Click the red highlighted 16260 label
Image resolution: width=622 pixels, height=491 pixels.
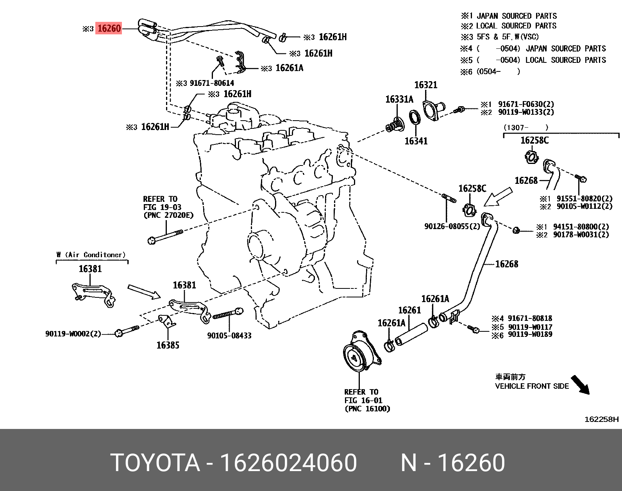(x=109, y=28)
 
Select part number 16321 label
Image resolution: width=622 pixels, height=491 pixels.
(x=425, y=85)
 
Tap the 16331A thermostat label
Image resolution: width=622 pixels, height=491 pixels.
(x=399, y=100)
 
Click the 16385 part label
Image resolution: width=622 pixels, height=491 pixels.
(x=168, y=345)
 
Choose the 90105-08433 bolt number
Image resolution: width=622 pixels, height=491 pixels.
(x=229, y=336)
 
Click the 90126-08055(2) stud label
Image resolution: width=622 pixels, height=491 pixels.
(x=452, y=226)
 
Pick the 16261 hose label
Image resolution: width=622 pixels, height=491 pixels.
(x=409, y=310)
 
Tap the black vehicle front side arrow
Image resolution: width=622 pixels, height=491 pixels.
(x=580, y=385)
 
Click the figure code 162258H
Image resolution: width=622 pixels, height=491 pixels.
(x=602, y=420)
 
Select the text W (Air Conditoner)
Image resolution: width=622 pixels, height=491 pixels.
(x=91, y=255)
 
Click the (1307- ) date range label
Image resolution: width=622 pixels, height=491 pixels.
(x=526, y=127)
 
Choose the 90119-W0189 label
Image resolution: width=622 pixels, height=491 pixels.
(x=530, y=334)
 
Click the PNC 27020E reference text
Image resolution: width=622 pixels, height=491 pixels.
(x=168, y=215)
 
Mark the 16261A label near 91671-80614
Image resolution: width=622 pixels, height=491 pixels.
(x=289, y=68)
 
